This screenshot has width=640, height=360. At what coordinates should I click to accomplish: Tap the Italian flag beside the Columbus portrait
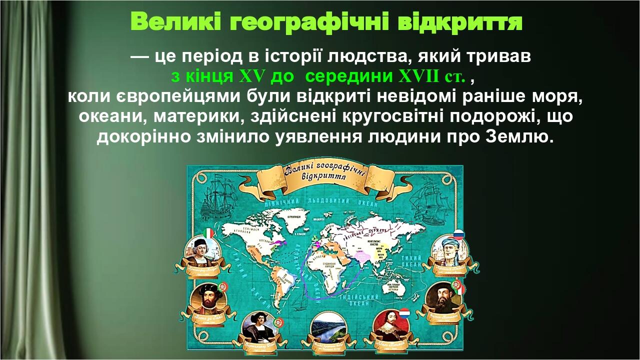pos(209,233)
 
